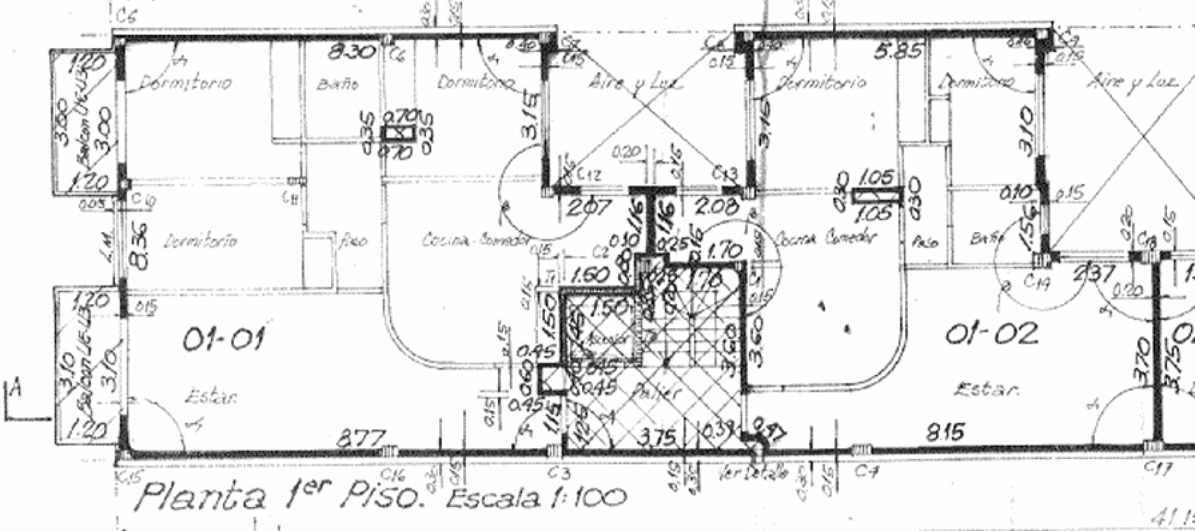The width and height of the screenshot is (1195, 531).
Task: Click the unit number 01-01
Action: click(x=223, y=339)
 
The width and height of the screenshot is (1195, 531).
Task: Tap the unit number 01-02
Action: click(x=991, y=334)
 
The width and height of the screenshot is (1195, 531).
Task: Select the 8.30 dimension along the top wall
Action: click(x=351, y=53)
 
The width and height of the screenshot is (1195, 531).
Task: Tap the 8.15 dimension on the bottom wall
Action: click(x=945, y=432)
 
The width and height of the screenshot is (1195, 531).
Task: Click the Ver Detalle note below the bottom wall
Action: click(x=753, y=473)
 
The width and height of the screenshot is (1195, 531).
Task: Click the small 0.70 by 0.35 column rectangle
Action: click(x=398, y=134)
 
